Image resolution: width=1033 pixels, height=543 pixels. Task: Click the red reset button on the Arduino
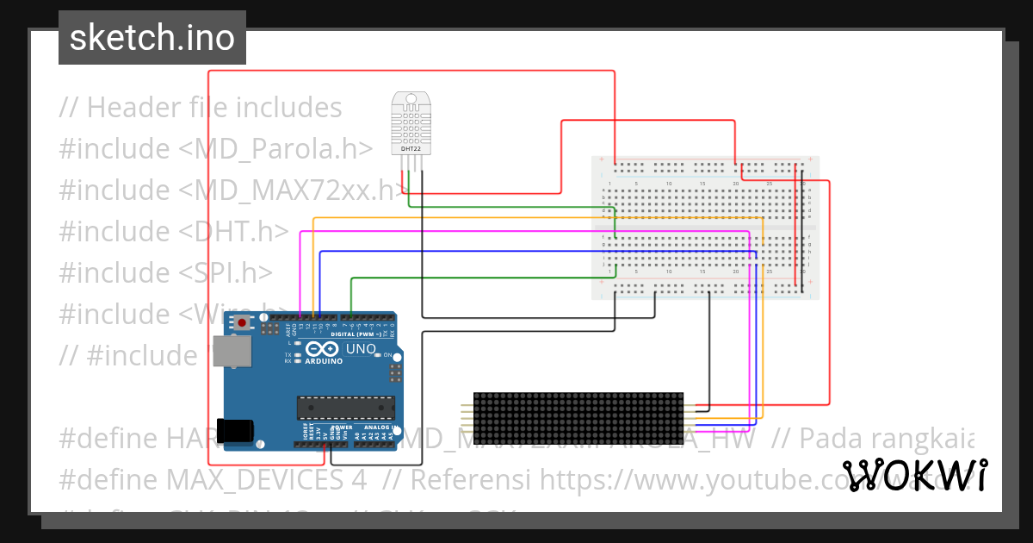(x=242, y=323)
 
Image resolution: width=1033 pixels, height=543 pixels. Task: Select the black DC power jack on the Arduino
(x=236, y=430)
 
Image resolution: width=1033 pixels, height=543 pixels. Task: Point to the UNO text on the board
(x=361, y=349)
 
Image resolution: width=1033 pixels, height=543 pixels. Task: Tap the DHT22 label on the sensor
(x=411, y=149)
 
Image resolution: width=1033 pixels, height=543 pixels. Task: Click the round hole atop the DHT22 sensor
(x=411, y=98)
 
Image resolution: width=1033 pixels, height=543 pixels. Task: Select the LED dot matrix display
(x=578, y=416)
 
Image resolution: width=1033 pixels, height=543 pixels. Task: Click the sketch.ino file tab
(x=152, y=38)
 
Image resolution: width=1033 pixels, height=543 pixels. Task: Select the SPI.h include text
(x=226, y=272)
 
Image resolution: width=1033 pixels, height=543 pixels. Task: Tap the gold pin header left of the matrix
(x=467, y=416)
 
